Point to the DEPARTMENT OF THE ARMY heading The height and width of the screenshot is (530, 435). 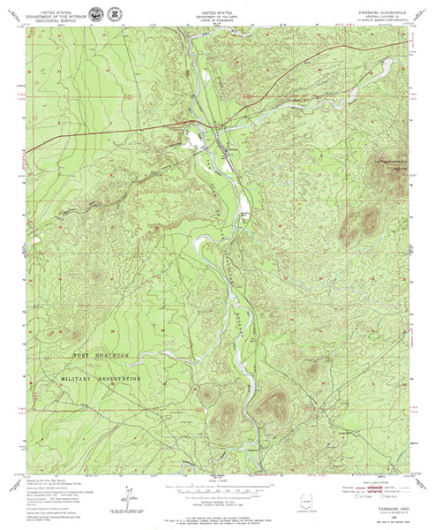[x=218, y=15]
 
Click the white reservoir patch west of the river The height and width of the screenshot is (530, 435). [x=191, y=139]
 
